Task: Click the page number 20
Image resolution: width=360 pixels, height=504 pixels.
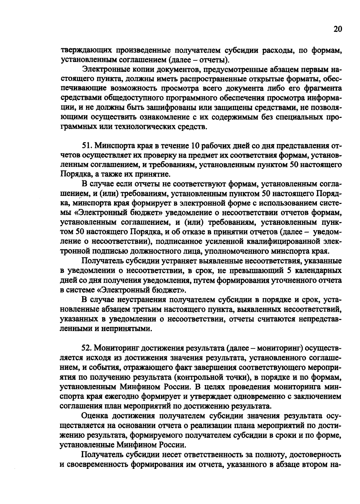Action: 337,29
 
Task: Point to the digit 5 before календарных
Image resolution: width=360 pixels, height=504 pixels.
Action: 289,271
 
